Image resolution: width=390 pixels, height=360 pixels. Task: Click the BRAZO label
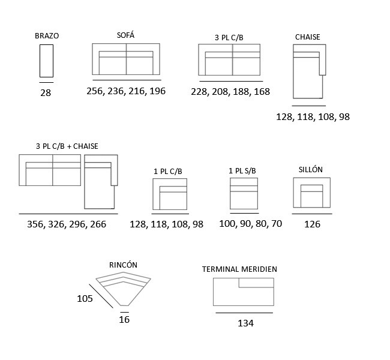[47, 36]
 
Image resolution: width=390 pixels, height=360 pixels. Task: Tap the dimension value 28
[46, 93]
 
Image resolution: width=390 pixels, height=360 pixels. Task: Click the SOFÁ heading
[125, 35]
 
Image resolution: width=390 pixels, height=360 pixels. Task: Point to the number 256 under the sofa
[95, 91]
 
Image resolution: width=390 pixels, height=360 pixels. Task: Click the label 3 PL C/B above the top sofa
[229, 38]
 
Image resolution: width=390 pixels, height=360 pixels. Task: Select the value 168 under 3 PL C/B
[262, 92]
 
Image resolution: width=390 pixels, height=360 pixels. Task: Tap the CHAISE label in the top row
[307, 37]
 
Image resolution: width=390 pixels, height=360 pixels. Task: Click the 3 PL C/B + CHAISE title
[67, 146]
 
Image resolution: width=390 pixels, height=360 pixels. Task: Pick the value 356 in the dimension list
[35, 224]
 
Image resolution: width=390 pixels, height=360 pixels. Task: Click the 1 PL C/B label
[168, 172]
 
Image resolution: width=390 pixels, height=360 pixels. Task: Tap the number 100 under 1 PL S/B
[227, 224]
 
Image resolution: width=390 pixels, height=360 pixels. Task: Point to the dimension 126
[313, 224]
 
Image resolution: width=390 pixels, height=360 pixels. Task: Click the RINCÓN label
[123, 265]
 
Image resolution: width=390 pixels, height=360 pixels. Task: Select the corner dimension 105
[85, 299]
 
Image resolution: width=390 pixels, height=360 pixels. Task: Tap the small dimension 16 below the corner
[124, 319]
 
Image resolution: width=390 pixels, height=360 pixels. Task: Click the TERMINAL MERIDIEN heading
[239, 269]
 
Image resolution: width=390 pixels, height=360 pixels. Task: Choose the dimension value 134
[246, 323]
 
